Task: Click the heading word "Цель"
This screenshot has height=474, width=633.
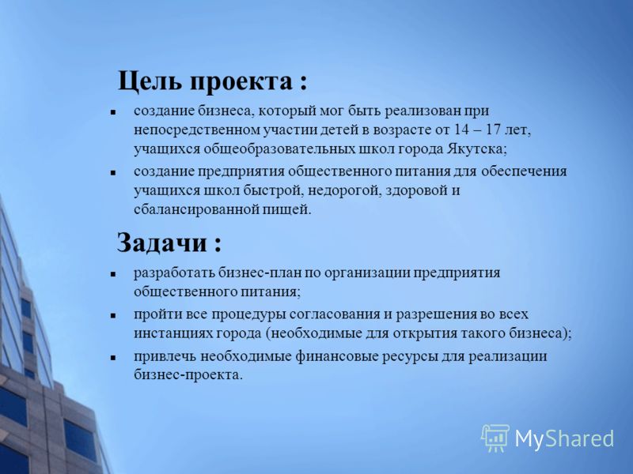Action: (150, 82)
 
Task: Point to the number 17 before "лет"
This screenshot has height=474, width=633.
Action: (496, 130)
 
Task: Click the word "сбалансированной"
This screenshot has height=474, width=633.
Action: (195, 209)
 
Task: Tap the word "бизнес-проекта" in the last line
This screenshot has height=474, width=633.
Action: (188, 374)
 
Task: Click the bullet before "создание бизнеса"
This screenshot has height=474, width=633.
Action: (113, 112)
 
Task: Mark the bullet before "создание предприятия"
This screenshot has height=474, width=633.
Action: (113, 172)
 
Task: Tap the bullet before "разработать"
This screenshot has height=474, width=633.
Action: (113, 274)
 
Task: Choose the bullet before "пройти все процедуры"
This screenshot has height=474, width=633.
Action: (113, 315)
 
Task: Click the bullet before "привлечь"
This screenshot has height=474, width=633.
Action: (113, 358)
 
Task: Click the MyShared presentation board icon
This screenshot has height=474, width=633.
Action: (495, 438)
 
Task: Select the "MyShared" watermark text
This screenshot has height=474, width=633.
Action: (564, 438)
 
